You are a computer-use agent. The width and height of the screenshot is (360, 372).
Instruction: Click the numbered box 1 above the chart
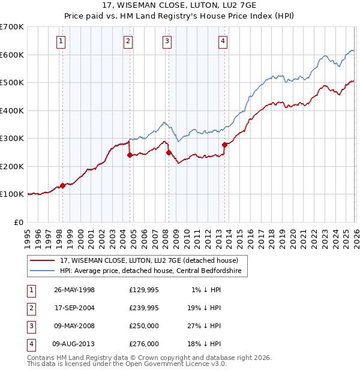[62, 41]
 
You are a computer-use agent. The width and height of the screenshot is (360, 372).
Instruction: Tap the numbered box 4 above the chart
[223, 41]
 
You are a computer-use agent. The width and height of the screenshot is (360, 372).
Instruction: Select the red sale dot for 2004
[130, 155]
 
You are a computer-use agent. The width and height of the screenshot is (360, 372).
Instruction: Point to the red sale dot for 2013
[224, 145]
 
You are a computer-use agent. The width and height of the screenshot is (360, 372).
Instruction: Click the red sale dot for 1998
[62, 186]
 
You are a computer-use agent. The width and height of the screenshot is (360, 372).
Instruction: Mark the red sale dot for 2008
[169, 152]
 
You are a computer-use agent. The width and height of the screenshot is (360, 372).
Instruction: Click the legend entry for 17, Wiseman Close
[149, 260]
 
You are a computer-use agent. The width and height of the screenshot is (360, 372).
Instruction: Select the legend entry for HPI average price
[151, 271]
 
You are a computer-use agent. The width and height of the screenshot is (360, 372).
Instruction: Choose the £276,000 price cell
[144, 344]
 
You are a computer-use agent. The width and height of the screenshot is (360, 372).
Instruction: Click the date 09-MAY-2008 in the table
[74, 326]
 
